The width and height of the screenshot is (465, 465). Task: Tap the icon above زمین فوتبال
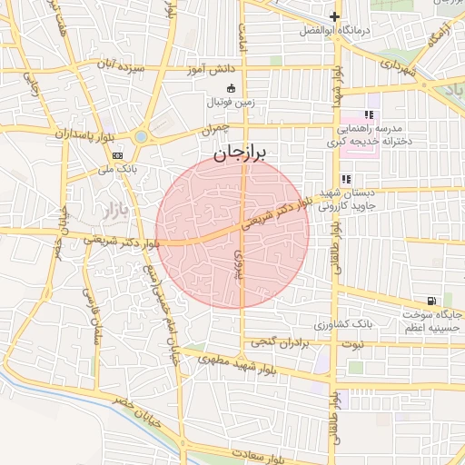[230, 88]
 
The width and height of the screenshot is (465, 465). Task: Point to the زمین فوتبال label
[229, 102]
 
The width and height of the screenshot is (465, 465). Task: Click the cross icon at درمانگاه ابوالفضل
[335, 16]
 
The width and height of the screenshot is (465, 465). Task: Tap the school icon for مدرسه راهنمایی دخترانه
[369, 115]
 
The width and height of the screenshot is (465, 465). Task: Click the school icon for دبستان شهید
[346, 179]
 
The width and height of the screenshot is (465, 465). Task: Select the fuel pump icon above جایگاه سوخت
[430, 301]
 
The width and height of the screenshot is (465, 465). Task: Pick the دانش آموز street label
[212, 68]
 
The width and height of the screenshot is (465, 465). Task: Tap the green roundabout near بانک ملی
[141, 137]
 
